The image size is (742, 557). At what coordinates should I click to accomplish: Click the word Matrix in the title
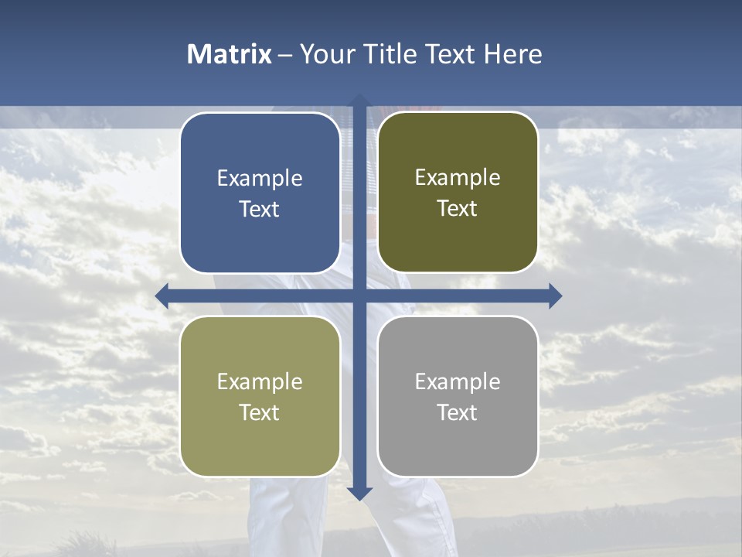(229, 54)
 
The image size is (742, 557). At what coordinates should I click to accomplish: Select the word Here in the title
(513, 54)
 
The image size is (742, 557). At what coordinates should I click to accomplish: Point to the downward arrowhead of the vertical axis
(359, 493)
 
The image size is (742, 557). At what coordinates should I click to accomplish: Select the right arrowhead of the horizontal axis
(555, 296)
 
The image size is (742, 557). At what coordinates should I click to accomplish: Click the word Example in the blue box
(260, 178)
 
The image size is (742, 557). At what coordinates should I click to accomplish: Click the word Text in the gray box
(458, 412)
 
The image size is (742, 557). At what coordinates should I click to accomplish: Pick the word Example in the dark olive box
(458, 177)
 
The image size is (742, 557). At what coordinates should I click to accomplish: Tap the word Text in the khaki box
(260, 412)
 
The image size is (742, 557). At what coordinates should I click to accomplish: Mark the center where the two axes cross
(359, 296)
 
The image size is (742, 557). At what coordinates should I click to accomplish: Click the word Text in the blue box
(260, 209)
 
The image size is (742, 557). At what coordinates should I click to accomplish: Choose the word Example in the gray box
(458, 381)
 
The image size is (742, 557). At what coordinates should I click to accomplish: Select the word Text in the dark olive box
(458, 208)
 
